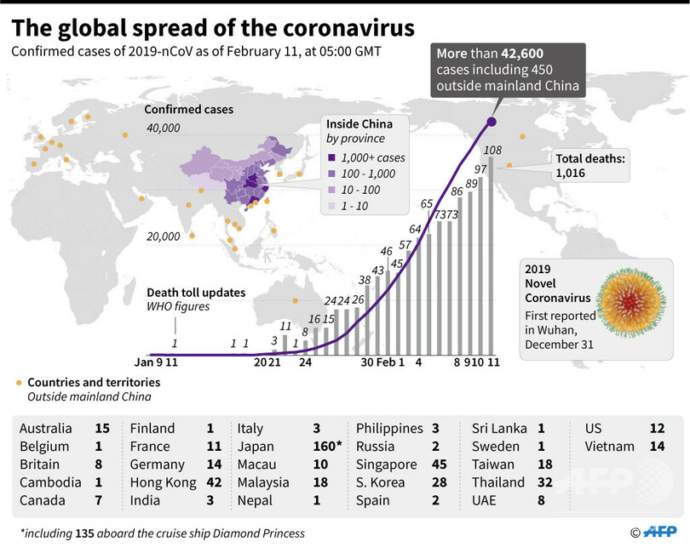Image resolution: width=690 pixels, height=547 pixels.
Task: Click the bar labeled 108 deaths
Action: coord(491,255)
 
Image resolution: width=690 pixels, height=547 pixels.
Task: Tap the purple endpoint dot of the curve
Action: coord(492,122)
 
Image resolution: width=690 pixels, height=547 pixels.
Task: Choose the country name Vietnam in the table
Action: coord(611,447)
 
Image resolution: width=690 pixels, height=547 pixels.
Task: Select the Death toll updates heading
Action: coord(196,292)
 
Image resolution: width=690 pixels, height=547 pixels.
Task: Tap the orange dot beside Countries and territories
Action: coord(19,383)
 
